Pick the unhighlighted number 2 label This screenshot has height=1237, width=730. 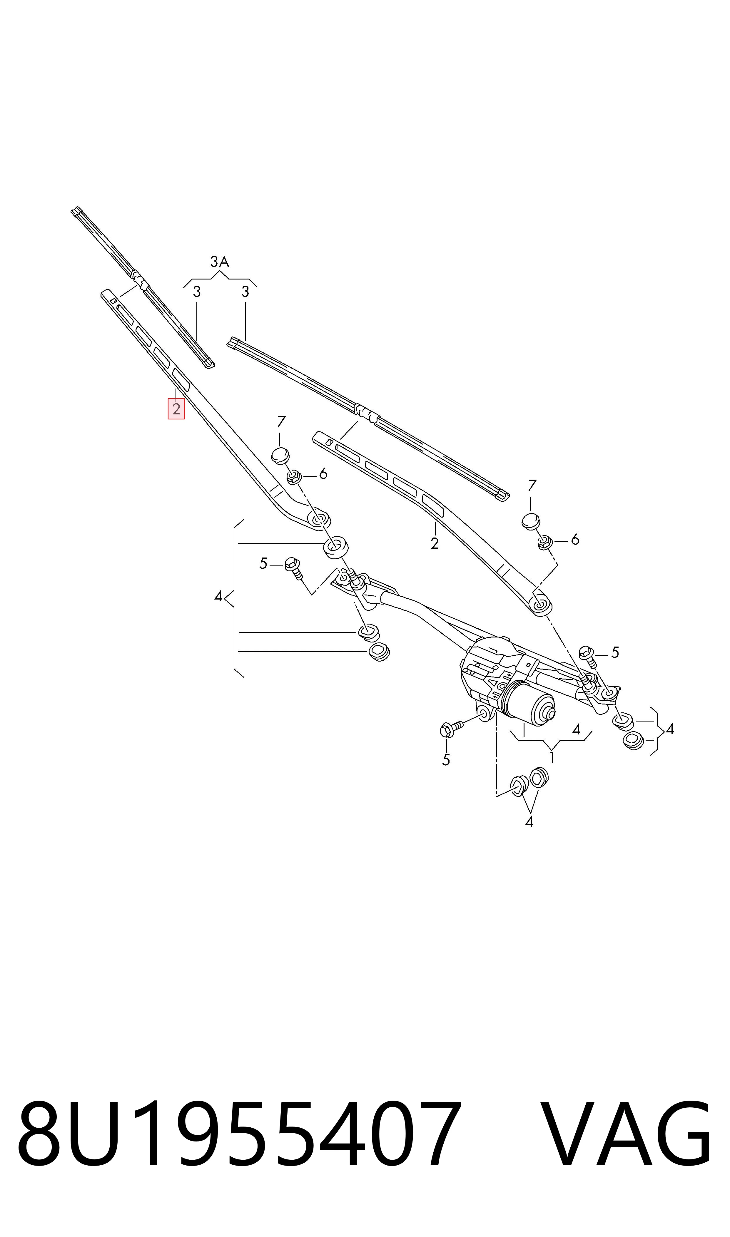[434, 543]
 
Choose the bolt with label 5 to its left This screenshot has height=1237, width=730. [588, 656]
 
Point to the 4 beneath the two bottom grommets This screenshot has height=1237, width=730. [529, 821]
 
